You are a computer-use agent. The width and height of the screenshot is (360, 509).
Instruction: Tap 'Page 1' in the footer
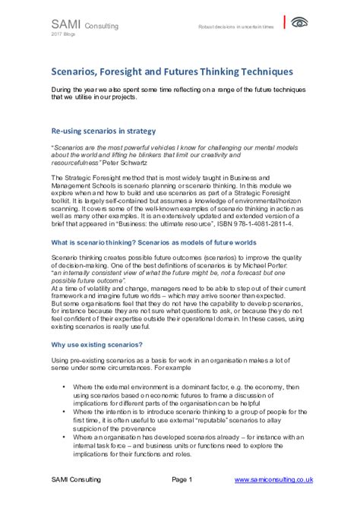point(183,480)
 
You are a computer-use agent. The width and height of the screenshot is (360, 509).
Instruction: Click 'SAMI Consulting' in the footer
point(74,480)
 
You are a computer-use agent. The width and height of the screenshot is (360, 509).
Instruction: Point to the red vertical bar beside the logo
point(284,22)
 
